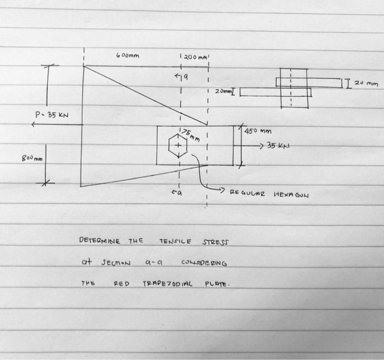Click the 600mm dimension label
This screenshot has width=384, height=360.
coord(128,55)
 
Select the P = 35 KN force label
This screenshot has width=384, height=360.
coord(52,115)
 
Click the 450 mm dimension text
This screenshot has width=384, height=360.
coord(258,132)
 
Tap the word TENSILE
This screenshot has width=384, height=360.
coord(175,241)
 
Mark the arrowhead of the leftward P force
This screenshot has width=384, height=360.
coord(33,125)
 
